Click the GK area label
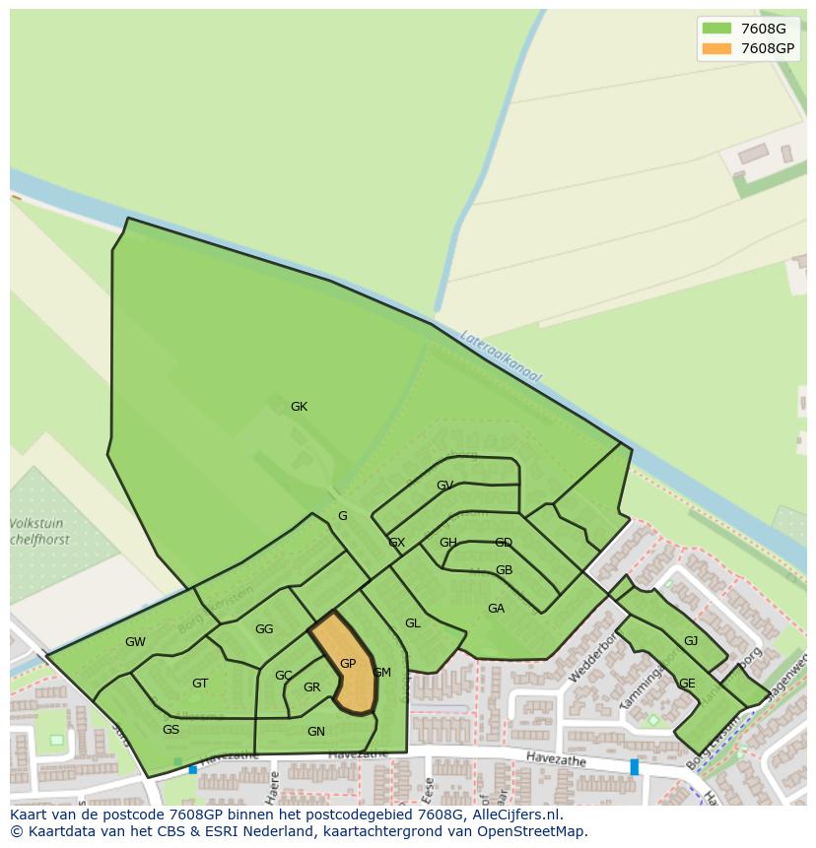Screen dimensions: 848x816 click(x=299, y=407)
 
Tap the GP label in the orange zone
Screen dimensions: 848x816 click(x=348, y=664)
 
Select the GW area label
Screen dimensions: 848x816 click(x=135, y=642)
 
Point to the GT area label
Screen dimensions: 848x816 click(x=200, y=684)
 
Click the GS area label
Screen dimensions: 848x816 click(x=170, y=730)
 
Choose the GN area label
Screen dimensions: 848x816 click(x=315, y=732)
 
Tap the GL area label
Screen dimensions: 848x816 click(x=412, y=623)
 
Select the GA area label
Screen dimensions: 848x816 click(x=496, y=609)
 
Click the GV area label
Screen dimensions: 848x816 click(x=444, y=486)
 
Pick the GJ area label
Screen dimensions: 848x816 click(x=691, y=641)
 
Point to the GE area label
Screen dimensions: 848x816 click(x=687, y=684)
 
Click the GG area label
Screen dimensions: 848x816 click(x=264, y=629)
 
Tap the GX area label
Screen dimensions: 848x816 click(x=396, y=543)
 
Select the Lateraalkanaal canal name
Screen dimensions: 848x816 click(x=502, y=357)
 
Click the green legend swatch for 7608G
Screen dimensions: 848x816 click(x=716, y=29)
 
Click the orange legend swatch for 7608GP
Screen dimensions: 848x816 click(x=716, y=48)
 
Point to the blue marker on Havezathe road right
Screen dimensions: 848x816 click(x=634, y=766)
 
